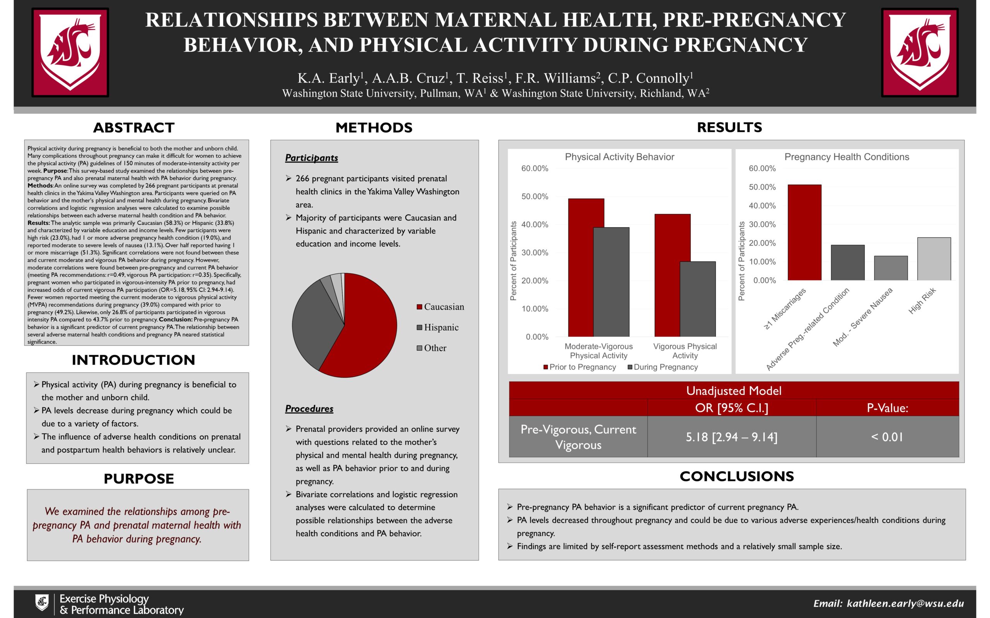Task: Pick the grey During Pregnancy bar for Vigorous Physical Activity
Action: pyautogui.click(x=697, y=299)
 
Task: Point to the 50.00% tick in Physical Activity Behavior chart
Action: pyautogui.click(x=534, y=197)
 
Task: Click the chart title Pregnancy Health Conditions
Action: pyautogui.click(x=847, y=157)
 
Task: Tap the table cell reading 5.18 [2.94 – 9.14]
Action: pyautogui.click(x=731, y=437)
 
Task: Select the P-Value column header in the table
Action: pyautogui.click(x=887, y=408)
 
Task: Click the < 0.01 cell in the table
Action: pyautogui.click(x=887, y=437)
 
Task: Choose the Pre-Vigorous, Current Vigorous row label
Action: pyautogui.click(x=578, y=437)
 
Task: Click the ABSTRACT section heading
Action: pyautogui.click(x=134, y=128)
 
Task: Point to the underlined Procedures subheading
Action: pyautogui.click(x=309, y=409)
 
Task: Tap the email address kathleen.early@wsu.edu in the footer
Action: pyautogui.click(x=905, y=603)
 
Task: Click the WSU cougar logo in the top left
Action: pyautogui.click(x=70, y=52)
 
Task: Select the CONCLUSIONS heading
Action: pyautogui.click(x=736, y=477)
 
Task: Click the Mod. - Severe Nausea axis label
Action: pyautogui.click(x=862, y=317)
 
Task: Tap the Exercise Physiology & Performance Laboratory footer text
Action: pyautogui.click(x=121, y=604)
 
